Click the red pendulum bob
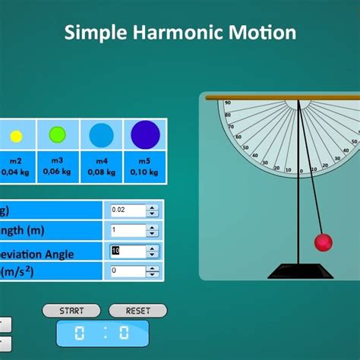[x=324, y=242]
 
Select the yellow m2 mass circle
[x=15, y=137]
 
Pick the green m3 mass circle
[x=58, y=135]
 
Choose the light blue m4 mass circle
[x=101, y=135]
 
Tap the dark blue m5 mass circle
[x=144, y=134]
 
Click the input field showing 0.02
[x=127, y=210]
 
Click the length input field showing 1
[x=127, y=230]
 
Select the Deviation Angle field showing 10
[x=127, y=251]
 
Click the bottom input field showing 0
[x=127, y=270]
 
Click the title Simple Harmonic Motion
[x=180, y=33]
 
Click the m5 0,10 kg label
[x=144, y=166]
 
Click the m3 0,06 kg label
[x=58, y=166]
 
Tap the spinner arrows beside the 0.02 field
[x=152, y=210]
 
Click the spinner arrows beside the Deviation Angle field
[x=152, y=251]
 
